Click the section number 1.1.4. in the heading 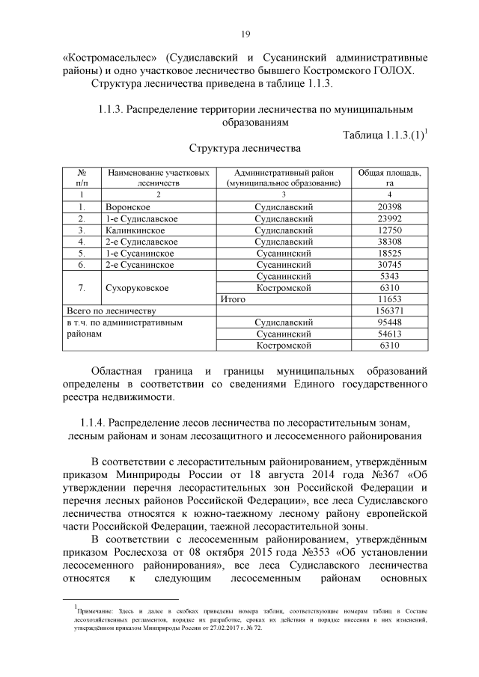pyautogui.click(x=94, y=421)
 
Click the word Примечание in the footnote pyautogui.click(x=94, y=613)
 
